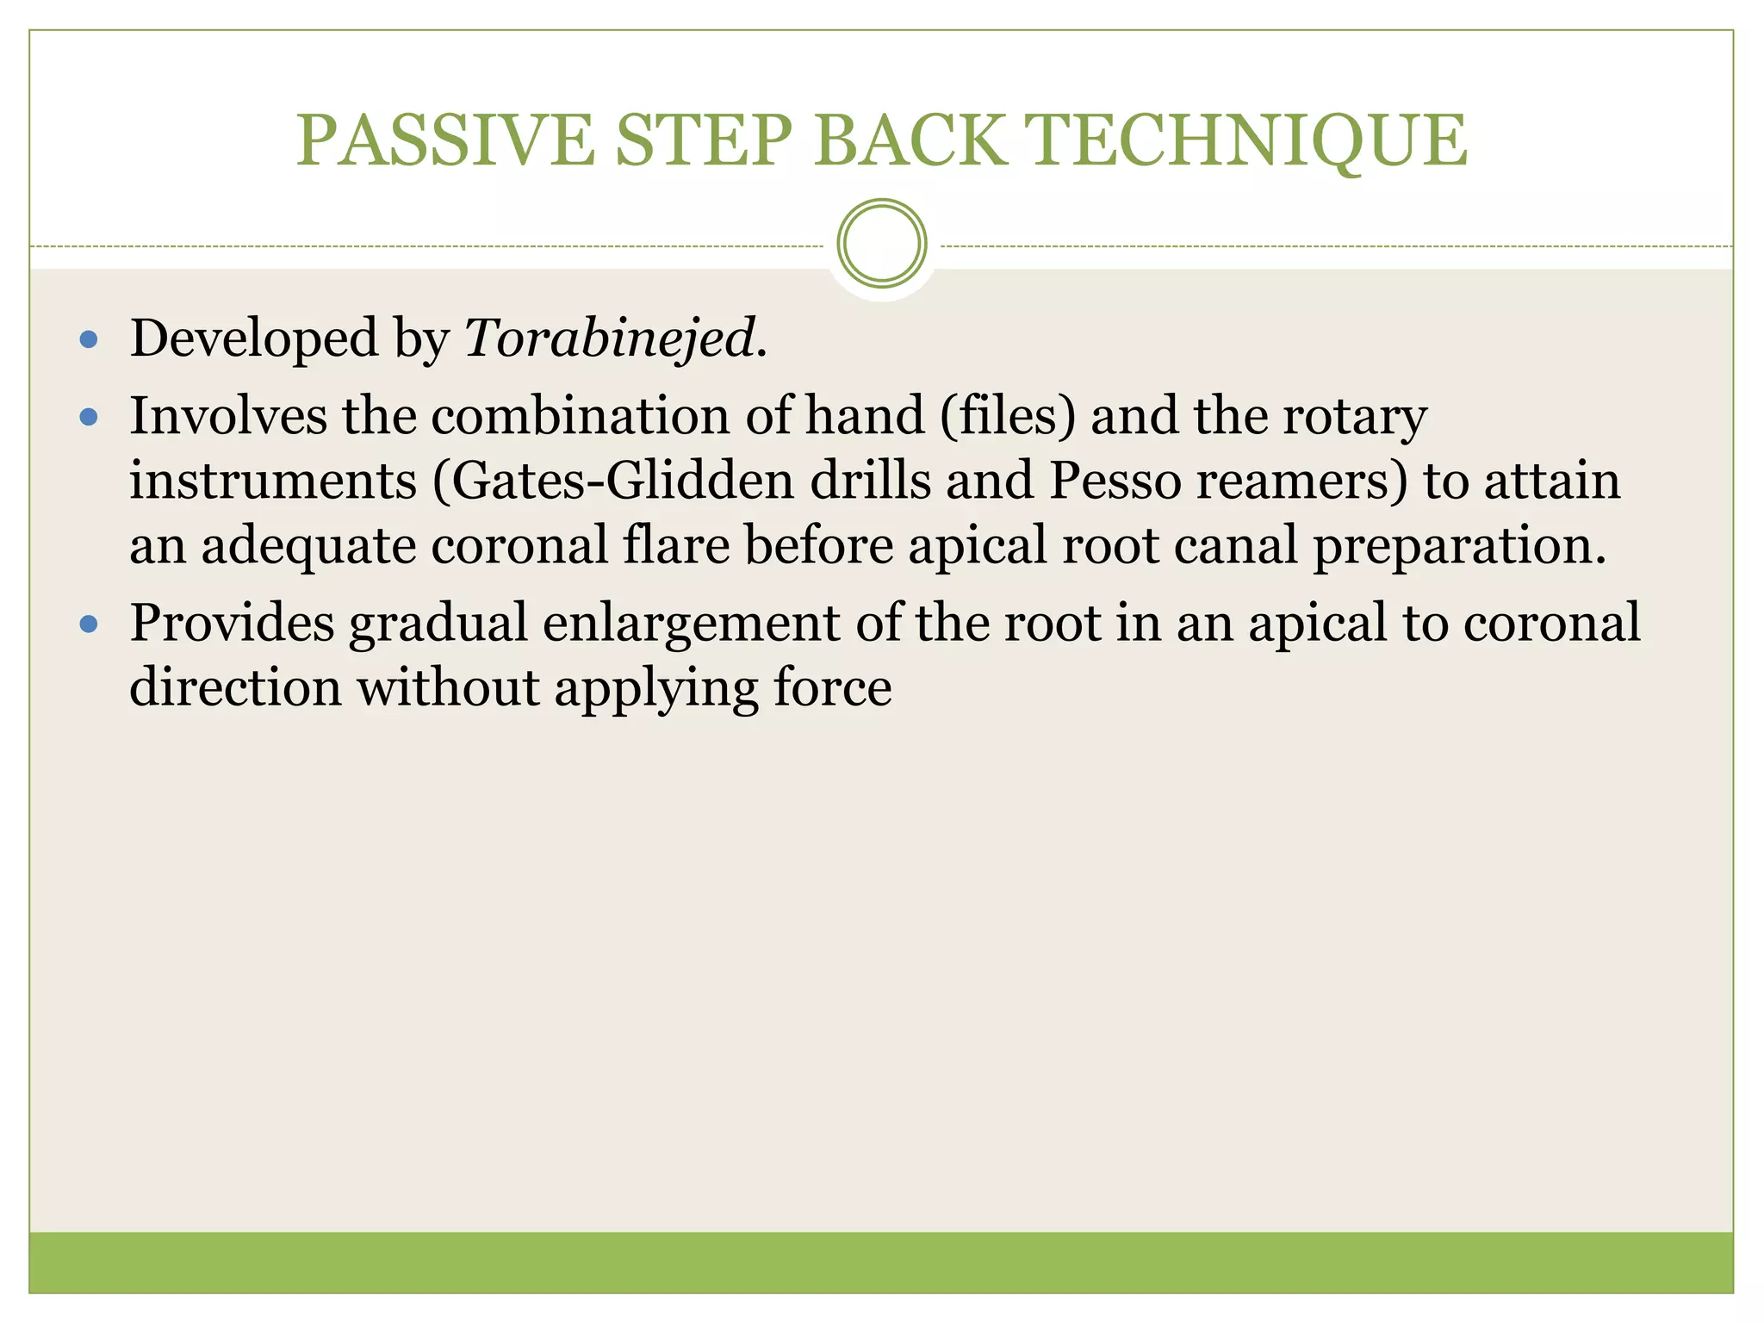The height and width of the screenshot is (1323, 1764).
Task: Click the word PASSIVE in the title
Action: (444, 140)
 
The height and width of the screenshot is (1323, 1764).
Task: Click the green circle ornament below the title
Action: (881, 244)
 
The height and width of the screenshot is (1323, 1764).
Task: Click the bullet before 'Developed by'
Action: (89, 339)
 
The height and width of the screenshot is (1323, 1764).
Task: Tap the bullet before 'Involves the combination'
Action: (89, 418)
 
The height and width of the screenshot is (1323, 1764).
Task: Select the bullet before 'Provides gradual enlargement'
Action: (89, 624)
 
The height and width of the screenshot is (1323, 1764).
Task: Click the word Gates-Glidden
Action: (621, 481)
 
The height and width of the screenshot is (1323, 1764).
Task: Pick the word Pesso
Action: (1114, 481)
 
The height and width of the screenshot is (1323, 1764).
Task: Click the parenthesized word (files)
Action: (1008, 416)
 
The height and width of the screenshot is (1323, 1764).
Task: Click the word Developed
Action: (254, 339)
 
